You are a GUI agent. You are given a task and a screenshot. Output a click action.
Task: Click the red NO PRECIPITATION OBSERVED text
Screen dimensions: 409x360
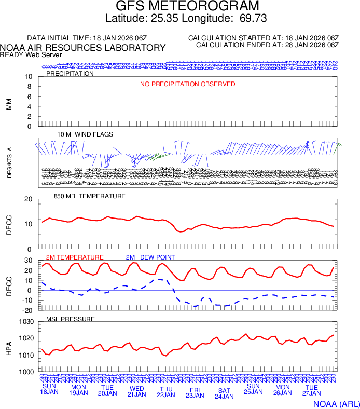188,84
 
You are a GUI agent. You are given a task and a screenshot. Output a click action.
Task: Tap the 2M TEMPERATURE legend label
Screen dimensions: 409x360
75,257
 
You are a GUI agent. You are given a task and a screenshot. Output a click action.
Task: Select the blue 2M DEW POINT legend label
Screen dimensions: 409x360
150,257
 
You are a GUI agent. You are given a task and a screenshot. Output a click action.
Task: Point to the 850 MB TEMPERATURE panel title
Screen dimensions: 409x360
90,196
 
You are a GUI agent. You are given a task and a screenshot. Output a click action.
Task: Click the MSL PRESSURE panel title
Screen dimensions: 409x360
71,319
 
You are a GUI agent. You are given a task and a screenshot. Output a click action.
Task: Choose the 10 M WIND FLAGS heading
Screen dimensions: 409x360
85,134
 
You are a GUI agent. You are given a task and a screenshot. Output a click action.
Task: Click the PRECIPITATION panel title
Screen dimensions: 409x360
70,74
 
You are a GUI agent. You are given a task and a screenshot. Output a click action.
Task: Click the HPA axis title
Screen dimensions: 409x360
9,347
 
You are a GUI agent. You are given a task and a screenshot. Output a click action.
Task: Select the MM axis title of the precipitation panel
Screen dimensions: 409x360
9,104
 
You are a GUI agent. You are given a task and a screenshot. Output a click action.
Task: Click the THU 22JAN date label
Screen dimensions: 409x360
166,391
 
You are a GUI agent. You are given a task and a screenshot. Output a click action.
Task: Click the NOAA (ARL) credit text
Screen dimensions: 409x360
336,403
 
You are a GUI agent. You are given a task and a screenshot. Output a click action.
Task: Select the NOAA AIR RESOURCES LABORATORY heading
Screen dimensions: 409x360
83,48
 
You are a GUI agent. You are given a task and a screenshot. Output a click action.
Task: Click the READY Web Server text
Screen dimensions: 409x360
31,54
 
